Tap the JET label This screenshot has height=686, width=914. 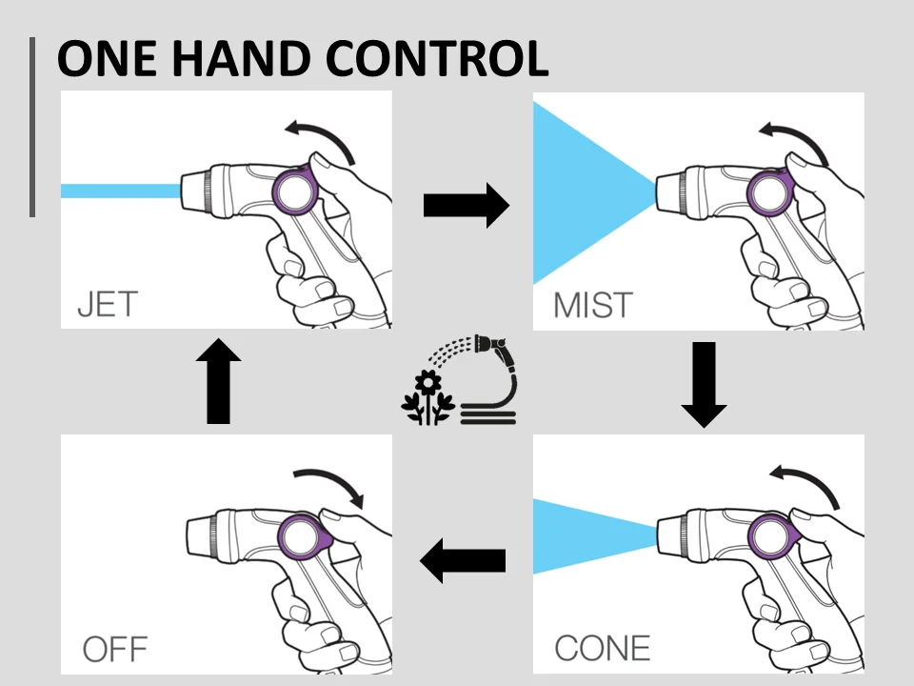107,305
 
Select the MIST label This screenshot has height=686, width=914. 592,306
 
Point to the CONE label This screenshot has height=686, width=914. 603,648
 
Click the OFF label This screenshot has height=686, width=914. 114,650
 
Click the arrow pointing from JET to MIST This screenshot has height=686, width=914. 466,205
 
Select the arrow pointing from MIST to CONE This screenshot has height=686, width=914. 705,383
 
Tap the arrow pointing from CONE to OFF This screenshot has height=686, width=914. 463,560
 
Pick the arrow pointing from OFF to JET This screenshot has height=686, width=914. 218,380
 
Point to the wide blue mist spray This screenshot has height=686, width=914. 581,191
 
